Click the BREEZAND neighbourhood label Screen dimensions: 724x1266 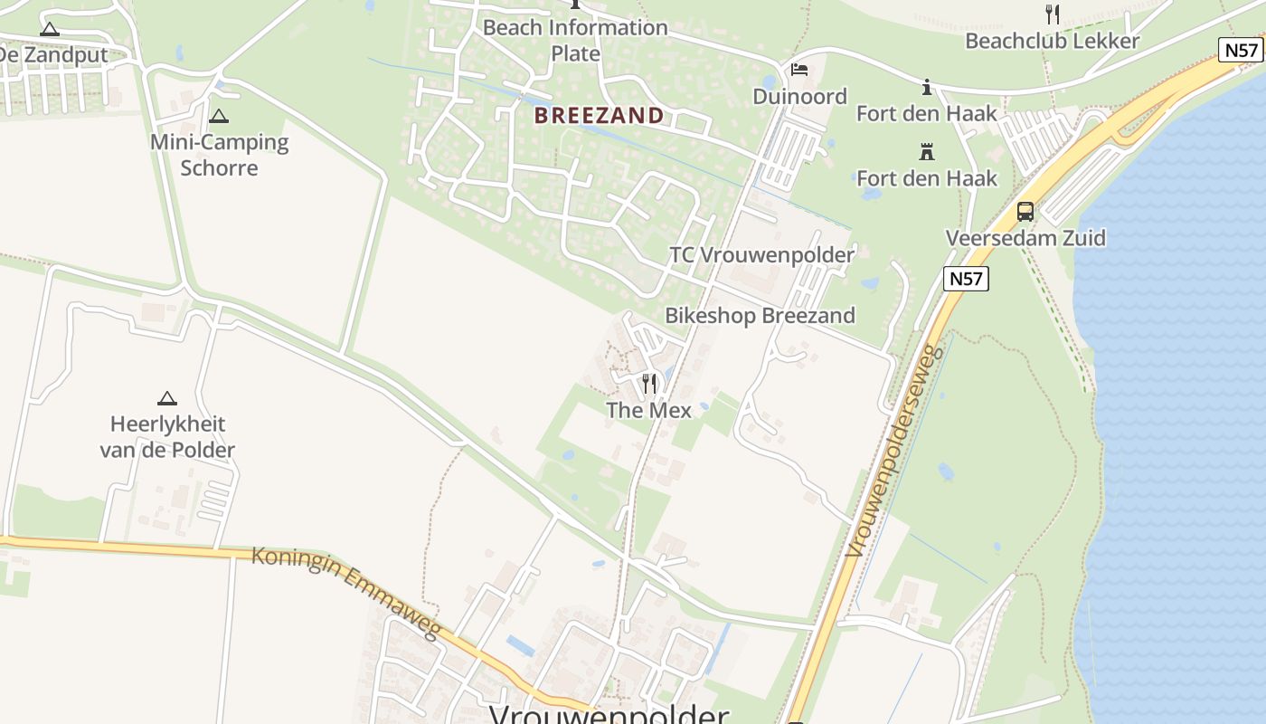(x=599, y=116)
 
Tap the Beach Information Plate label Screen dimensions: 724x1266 (x=575, y=40)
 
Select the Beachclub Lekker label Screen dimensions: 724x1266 (x=1052, y=41)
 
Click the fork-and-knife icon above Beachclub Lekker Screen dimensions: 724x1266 (x=1052, y=14)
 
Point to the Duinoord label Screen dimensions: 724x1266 (x=799, y=97)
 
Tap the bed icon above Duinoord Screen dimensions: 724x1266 (x=799, y=70)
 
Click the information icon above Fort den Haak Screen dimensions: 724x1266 (x=926, y=88)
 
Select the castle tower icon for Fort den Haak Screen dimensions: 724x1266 (x=926, y=151)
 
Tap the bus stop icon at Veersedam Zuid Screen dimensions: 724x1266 (x=1025, y=212)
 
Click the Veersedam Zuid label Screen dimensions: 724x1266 (x=1025, y=238)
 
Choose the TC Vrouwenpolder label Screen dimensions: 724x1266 (x=761, y=255)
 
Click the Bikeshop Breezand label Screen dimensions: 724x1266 (x=760, y=316)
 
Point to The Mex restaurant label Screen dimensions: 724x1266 (x=648, y=410)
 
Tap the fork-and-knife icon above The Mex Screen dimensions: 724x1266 (x=648, y=384)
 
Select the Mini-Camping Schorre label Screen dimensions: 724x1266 (x=219, y=155)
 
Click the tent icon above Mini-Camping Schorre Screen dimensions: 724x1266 (x=219, y=116)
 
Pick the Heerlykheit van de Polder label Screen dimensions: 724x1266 (x=167, y=437)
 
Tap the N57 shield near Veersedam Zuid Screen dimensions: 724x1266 (x=966, y=279)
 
